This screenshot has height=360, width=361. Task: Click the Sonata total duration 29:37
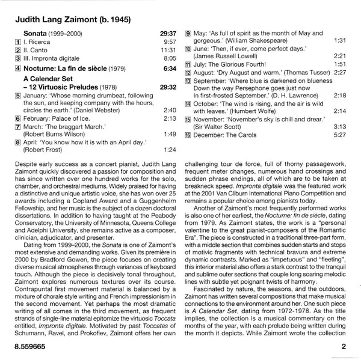(x=168, y=34)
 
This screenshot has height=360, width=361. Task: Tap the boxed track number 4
(x=19, y=69)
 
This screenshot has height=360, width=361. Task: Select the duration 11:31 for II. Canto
(x=167, y=51)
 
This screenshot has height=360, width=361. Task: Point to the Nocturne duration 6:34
(x=170, y=69)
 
